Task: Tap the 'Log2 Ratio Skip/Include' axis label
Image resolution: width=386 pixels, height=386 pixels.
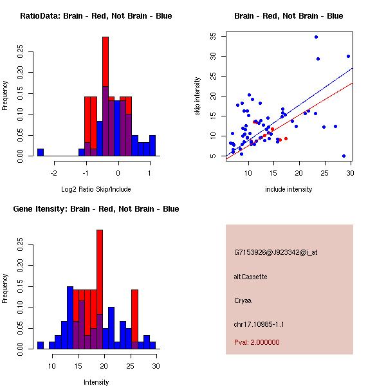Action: click(96, 189)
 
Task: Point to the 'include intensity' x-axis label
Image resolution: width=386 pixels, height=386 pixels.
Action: click(289, 189)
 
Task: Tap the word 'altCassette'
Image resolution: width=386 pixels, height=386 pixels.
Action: click(251, 277)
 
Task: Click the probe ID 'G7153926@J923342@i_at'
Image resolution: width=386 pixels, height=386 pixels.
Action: click(276, 252)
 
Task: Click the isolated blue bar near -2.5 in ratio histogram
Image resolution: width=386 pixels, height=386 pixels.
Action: click(41, 152)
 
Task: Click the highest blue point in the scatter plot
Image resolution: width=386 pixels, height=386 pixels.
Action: click(316, 37)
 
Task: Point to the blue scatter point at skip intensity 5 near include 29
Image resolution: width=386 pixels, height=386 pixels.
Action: click(344, 156)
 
